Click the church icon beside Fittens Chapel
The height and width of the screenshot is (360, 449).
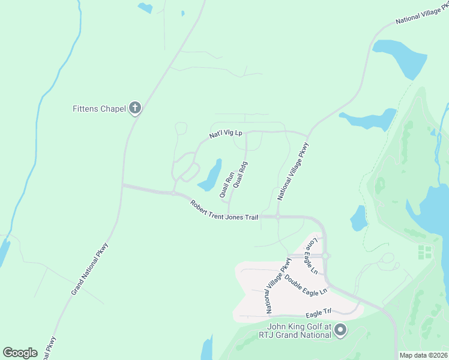(x=135, y=109)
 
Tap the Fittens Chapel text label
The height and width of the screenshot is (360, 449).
(x=99, y=109)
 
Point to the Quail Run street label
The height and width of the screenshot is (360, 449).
(x=226, y=185)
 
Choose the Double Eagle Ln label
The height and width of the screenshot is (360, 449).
(x=306, y=284)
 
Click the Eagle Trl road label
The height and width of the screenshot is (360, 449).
(x=318, y=312)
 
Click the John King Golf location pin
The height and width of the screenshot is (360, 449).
(x=340, y=330)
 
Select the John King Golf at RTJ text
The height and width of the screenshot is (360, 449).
(x=295, y=331)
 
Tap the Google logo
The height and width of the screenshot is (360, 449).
(x=20, y=353)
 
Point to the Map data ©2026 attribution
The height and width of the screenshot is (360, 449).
(x=423, y=355)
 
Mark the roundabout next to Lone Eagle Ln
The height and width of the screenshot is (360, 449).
(x=325, y=256)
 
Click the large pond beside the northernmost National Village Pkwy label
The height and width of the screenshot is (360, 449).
(x=396, y=58)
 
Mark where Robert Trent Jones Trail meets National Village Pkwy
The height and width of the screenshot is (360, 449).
(x=278, y=216)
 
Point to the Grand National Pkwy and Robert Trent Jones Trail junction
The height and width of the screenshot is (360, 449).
(x=122, y=185)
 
